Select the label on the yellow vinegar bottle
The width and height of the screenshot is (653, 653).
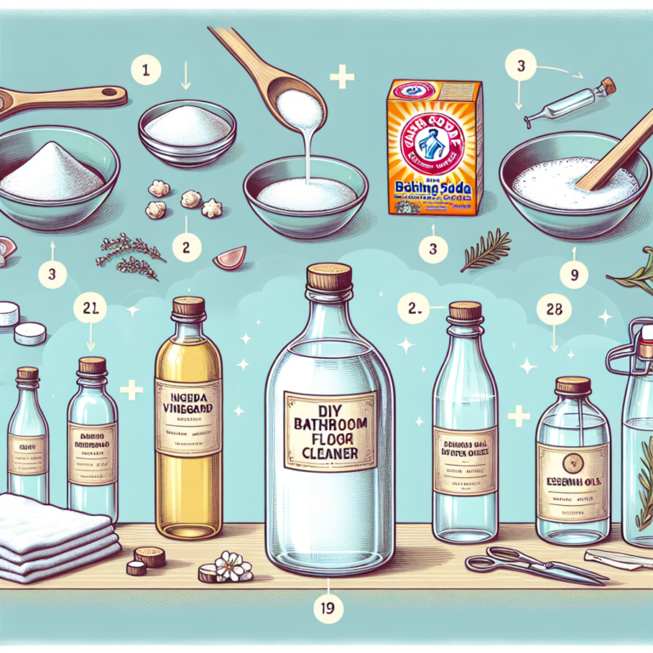click(189, 408)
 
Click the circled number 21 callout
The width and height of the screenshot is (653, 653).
click(89, 309)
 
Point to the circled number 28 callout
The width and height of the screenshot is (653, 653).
click(553, 309)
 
